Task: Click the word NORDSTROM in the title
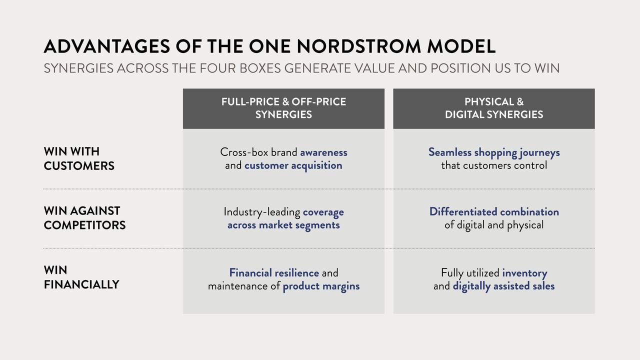pos(359,46)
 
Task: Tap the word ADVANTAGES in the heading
pos(107,46)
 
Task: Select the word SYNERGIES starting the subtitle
pos(78,68)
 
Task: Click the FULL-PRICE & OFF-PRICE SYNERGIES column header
pos(283,108)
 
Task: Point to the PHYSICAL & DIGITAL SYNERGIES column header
pos(494,108)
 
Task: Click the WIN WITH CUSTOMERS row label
pos(79,158)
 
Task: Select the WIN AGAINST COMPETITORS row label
pos(84,218)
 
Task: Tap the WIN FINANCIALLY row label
pos(81,277)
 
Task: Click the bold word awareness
pos(323,152)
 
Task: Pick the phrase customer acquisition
pos(293,165)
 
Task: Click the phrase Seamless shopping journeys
pos(494,152)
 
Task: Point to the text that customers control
pos(494,165)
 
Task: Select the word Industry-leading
pos(261,212)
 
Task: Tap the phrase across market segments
pos(283,225)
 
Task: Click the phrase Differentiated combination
pos(494,211)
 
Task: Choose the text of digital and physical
pos(494,225)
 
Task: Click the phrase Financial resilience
pos(274,273)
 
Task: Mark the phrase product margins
pos(321,286)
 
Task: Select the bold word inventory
pos(524,273)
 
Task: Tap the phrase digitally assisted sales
pos(503,286)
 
